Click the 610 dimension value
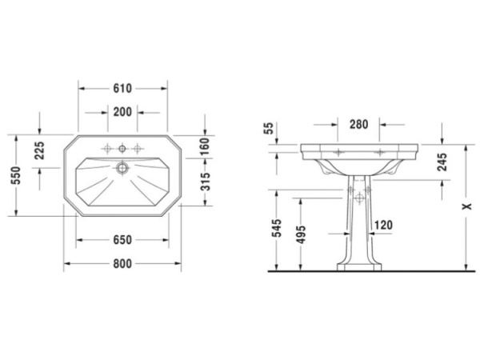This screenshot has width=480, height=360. click(122, 88)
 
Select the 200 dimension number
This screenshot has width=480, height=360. click(122, 112)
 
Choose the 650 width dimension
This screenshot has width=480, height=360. click(122, 239)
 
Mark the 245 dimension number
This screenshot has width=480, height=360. click(442, 162)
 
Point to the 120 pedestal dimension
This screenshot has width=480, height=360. click(382, 226)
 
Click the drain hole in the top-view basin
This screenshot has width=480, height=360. click(122, 168)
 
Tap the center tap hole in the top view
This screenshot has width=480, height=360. click(122, 148)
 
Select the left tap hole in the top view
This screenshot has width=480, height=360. click(106, 148)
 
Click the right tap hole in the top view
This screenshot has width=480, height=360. click(138, 148)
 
